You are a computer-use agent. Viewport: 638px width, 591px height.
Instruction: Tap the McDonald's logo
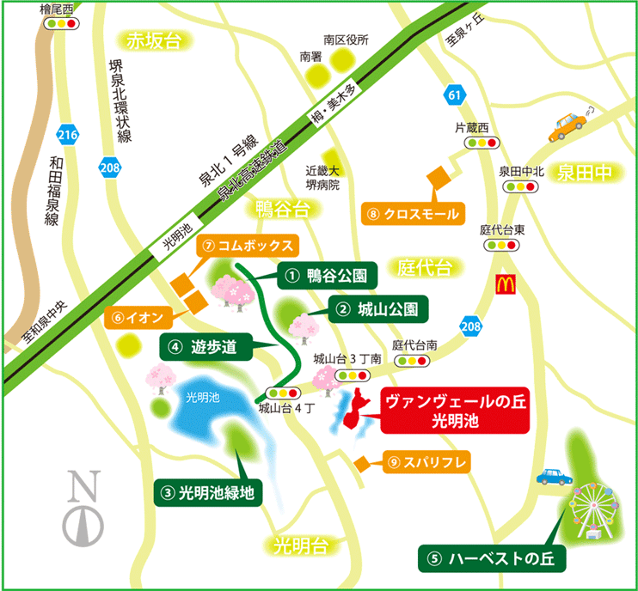tap(505, 284)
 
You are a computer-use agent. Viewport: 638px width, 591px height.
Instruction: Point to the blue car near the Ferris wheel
tap(552, 477)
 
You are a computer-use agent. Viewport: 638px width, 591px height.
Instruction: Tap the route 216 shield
tap(68, 134)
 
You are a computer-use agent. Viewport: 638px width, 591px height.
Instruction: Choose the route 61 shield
tap(455, 94)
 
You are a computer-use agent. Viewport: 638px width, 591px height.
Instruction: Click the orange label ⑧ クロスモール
tap(413, 213)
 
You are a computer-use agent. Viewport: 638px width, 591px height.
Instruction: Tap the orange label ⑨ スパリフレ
tap(426, 463)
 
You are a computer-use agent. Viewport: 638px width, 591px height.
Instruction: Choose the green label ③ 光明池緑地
tap(209, 494)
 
